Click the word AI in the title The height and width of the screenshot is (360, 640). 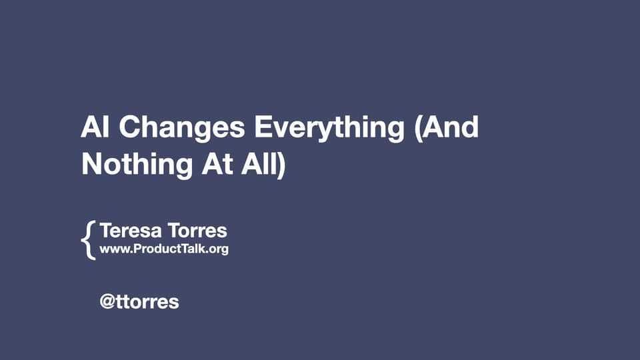click(95, 127)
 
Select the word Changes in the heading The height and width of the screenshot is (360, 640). click(182, 128)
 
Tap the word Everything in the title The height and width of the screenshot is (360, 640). click(329, 129)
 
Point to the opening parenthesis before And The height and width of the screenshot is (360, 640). click(418, 128)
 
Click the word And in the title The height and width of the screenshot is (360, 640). click(451, 127)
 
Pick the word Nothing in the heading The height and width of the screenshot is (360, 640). click(137, 165)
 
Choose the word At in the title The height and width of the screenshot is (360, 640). click(217, 164)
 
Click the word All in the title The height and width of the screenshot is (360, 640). click(259, 164)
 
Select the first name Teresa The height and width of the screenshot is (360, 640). click(131, 231)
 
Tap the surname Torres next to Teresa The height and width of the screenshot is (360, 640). click(197, 231)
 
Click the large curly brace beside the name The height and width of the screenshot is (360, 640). click(88, 240)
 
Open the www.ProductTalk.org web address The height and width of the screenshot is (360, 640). click(164, 249)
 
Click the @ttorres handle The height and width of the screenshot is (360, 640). click(139, 302)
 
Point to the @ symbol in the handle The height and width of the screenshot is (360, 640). click(107, 302)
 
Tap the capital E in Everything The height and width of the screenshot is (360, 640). click(263, 127)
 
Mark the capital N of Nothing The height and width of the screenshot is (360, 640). click(92, 164)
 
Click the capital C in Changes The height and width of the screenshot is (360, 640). click(131, 127)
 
